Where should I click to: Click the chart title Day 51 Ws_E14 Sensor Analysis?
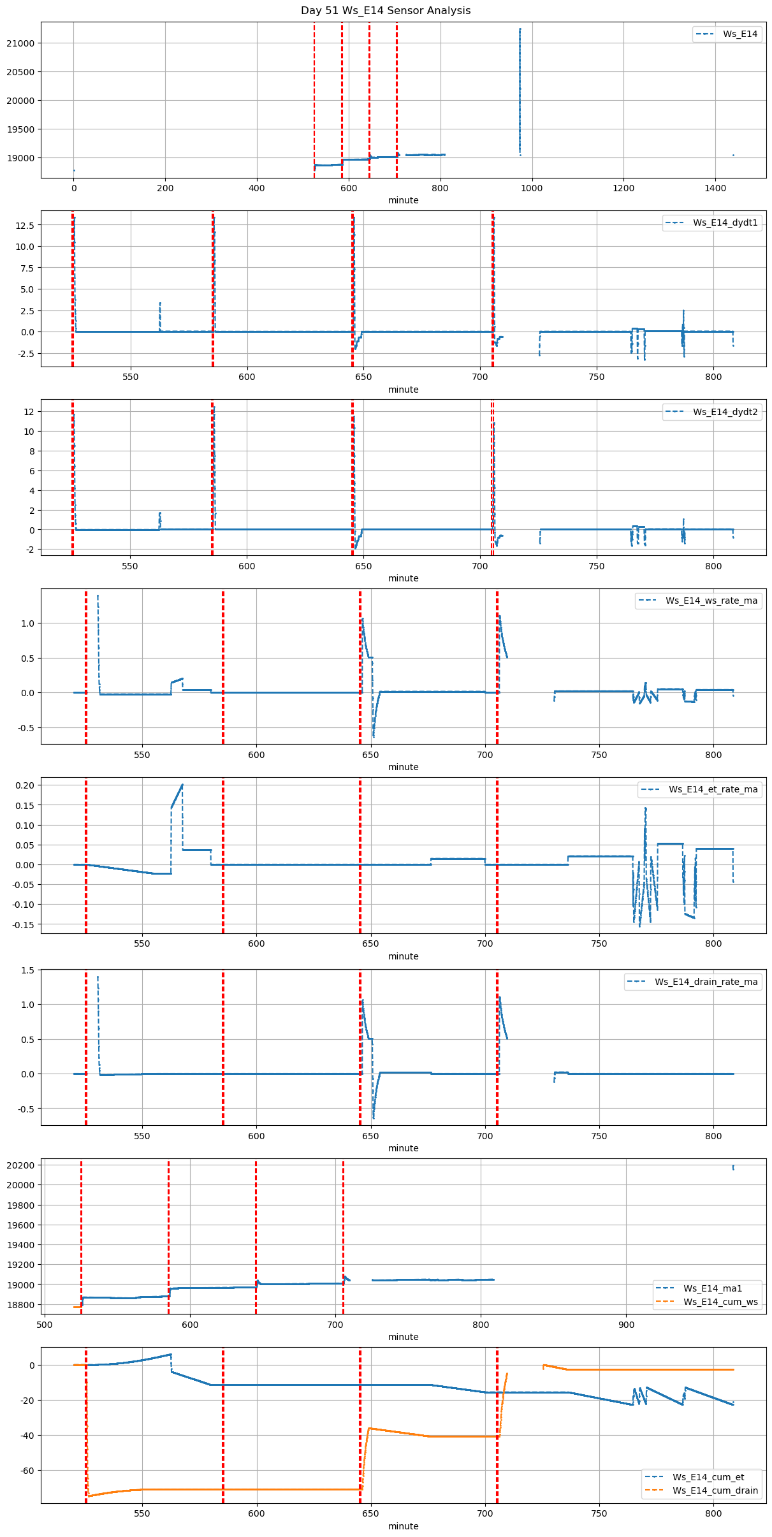coord(386,10)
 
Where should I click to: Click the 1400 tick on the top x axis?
coord(715,188)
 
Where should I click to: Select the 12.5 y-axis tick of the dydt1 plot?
coord(25,225)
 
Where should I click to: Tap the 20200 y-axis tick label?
coord(20,1165)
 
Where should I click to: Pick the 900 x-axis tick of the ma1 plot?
coord(626,1325)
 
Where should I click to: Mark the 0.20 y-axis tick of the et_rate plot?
coord(25,785)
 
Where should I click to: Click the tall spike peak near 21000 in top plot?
coord(520,29)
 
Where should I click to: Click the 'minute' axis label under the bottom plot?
coord(404,1526)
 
